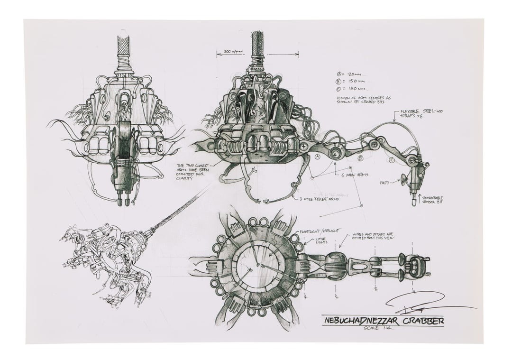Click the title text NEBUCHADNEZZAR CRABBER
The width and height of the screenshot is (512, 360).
(x=383, y=321)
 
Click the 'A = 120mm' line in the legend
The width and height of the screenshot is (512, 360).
(x=350, y=74)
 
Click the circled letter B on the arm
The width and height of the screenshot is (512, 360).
(x=360, y=157)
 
